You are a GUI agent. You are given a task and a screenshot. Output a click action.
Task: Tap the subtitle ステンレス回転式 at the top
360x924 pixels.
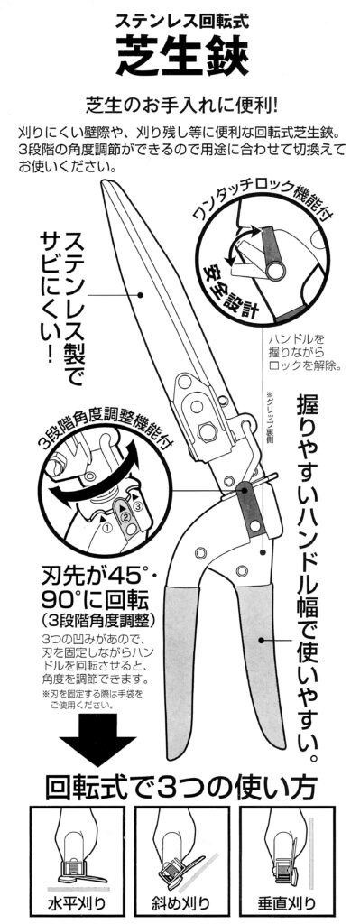point(180,22)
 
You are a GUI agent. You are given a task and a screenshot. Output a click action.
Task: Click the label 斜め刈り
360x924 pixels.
point(180,902)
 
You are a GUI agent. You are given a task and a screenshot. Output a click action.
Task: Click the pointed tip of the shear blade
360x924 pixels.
point(104,181)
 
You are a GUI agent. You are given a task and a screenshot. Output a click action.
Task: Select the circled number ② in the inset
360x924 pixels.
point(125,517)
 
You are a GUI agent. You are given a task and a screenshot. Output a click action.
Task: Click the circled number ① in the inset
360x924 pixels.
point(106,528)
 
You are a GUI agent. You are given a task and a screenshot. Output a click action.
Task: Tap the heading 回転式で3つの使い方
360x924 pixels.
point(180,787)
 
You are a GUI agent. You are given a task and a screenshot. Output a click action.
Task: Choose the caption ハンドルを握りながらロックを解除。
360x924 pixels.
point(305,352)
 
